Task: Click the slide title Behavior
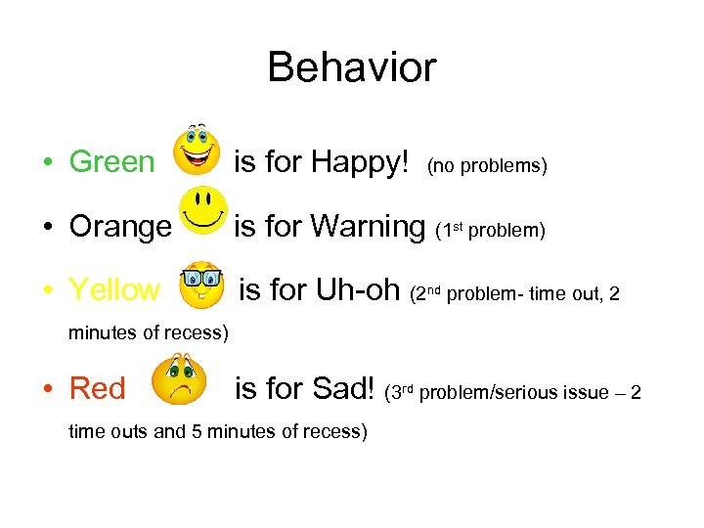click(x=351, y=67)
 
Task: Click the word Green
click(x=111, y=161)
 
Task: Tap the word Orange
click(x=119, y=226)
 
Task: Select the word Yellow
click(x=113, y=289)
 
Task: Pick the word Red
click(x=97, y=388)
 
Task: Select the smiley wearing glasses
click(x=201, y=284)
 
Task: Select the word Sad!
click(x=342, y=388)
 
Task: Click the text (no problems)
click(x=486, y=166)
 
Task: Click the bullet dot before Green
click(x=48, y=162)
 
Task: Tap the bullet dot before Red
click(x=48, y=389)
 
